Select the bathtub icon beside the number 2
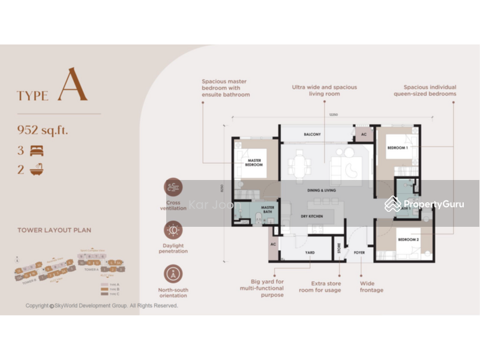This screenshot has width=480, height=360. point(37,170)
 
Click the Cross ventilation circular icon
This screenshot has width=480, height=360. point(173,187)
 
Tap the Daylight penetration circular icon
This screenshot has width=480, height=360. point(173,230)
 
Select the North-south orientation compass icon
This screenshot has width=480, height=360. point(173,274)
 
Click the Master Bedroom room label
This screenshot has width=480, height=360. point(254,163)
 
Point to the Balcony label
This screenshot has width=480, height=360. point(312,134)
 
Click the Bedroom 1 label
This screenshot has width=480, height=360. point(397,148)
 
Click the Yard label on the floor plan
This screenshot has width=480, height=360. point(310,253)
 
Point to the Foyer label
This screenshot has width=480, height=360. point(359,253)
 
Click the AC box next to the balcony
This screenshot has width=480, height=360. point(364,134)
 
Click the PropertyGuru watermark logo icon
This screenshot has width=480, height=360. point(393,204)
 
